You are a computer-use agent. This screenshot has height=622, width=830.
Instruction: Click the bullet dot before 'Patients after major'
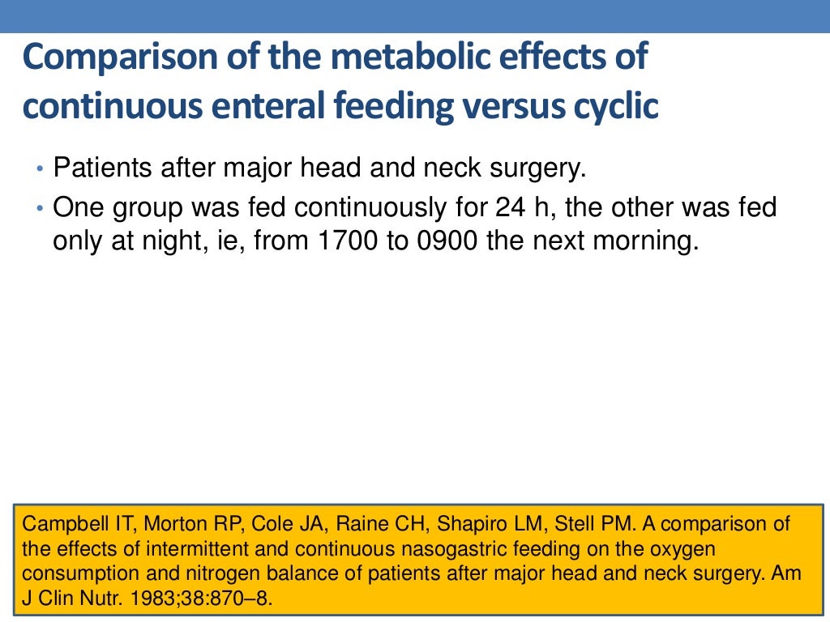[41, 169]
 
